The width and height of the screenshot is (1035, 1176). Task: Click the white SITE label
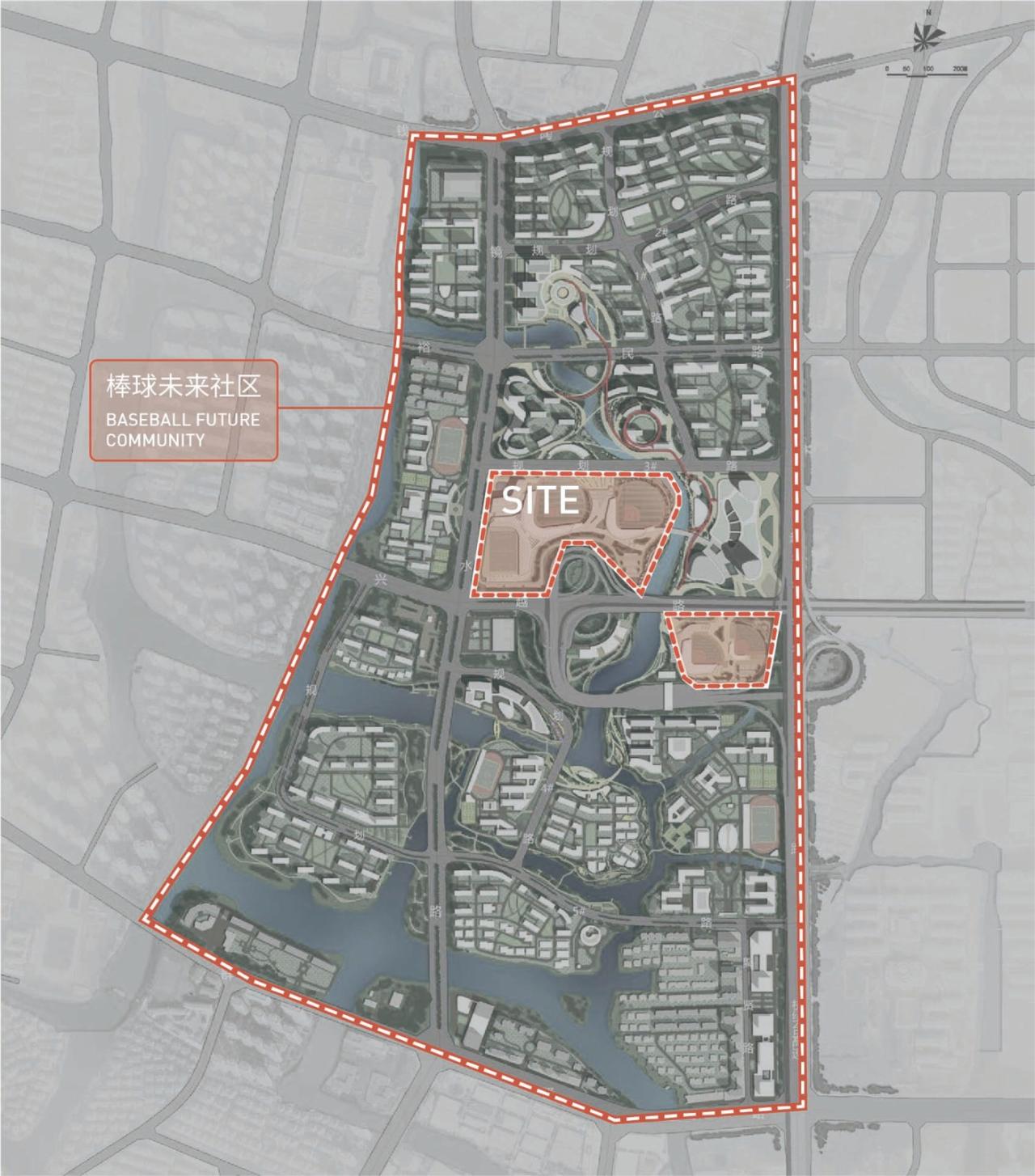540,501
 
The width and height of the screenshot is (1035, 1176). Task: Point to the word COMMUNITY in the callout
154,440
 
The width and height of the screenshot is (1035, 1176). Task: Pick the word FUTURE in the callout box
229,421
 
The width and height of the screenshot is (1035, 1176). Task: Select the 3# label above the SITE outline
650,465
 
